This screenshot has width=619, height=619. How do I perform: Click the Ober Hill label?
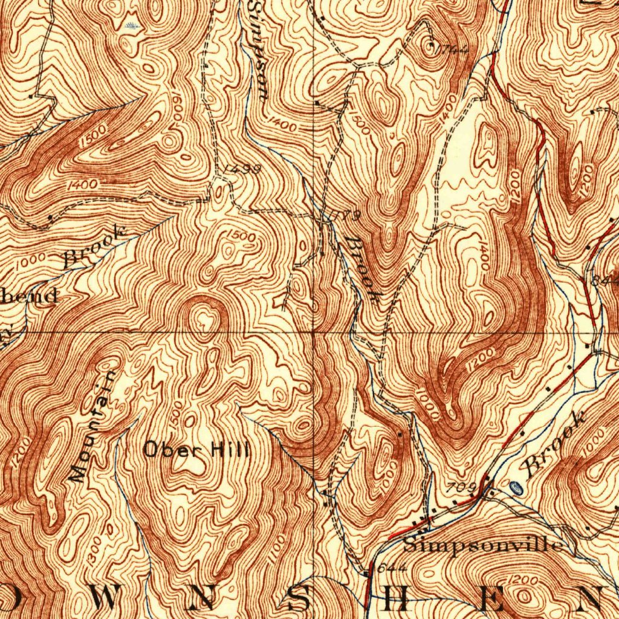point(196,449)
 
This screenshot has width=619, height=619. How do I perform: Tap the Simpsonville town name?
point(482,545)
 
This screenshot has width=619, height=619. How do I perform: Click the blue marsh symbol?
point(132,25)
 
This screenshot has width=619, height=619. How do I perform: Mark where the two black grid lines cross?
point(314,331)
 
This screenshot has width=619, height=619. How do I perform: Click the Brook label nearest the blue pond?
point(555,443)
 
